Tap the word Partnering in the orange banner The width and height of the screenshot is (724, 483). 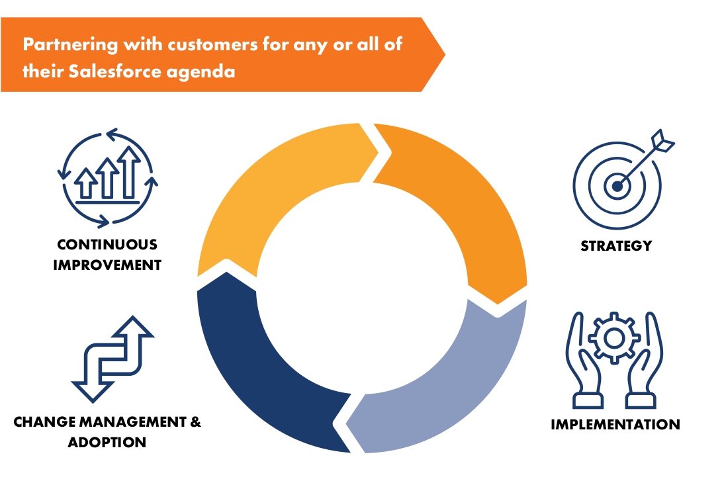pos(70,45)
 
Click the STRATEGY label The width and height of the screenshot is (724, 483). pos(616,245)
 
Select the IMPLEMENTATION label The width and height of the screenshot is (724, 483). pos(615,424)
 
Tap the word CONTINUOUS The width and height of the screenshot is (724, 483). pos(107,244)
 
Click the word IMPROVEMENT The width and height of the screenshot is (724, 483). pos(107,265)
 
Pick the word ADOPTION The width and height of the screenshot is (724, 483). pos(107,443)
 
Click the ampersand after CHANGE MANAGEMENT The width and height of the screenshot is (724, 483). pos(195,421)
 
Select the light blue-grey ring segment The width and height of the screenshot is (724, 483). pos(453,383)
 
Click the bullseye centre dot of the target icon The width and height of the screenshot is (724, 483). pos(617,186)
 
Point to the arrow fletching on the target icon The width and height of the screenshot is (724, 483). pos(663,141)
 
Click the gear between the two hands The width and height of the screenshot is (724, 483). pos(614,339)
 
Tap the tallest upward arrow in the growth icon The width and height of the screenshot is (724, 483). pos(129,172)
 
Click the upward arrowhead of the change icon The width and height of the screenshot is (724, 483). pos(133,326)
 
